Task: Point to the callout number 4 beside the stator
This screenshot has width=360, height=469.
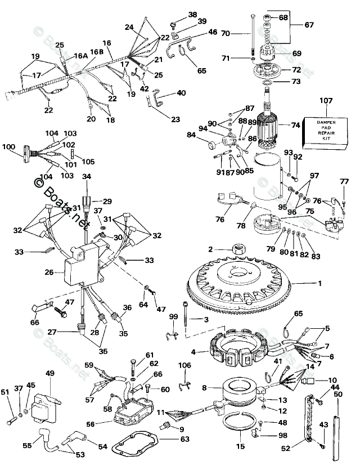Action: [193, 352]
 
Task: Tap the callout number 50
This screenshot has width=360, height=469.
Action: [337, 379]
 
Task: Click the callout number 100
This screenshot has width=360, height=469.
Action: [8, 147]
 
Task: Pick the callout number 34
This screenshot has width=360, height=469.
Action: [86, 177]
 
